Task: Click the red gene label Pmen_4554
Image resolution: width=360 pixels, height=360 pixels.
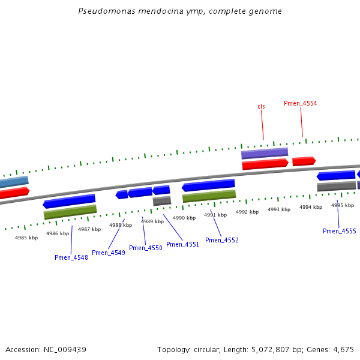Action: tap(300, 103)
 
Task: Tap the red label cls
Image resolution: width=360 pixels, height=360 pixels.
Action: tap(261, 106)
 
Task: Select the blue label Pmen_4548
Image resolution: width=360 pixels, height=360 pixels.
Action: tap(71, 257)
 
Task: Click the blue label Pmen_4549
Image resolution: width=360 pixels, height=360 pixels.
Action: tap(108, 253)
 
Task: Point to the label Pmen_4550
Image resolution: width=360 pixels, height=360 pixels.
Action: tap(145, 248)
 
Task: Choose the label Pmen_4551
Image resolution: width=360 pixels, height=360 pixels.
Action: tap(182, 244)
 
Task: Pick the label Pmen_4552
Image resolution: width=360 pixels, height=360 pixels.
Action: tap(221, 240)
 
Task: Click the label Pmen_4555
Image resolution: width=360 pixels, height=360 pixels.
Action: tap(339, 231)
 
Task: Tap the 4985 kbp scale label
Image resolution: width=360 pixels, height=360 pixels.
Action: tap(26, 238)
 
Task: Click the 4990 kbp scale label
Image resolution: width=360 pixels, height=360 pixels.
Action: tap(184, 218)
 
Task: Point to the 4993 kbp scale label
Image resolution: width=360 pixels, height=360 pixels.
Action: tap(279, 209)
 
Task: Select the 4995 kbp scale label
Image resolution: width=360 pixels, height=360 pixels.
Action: tap(343, 205)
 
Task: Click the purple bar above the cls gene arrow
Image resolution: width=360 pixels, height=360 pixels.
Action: tap(264, 153)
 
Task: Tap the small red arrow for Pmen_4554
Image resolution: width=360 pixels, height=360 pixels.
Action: tap(304, 161)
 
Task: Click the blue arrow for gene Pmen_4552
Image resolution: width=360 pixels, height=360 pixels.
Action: tap(208, 185)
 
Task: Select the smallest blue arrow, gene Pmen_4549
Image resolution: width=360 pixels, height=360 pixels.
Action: tap(122, 194)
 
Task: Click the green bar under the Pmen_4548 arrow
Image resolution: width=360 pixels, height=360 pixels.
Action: tap(70, 211)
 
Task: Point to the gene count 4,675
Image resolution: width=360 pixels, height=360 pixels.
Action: tap(344, 349)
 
